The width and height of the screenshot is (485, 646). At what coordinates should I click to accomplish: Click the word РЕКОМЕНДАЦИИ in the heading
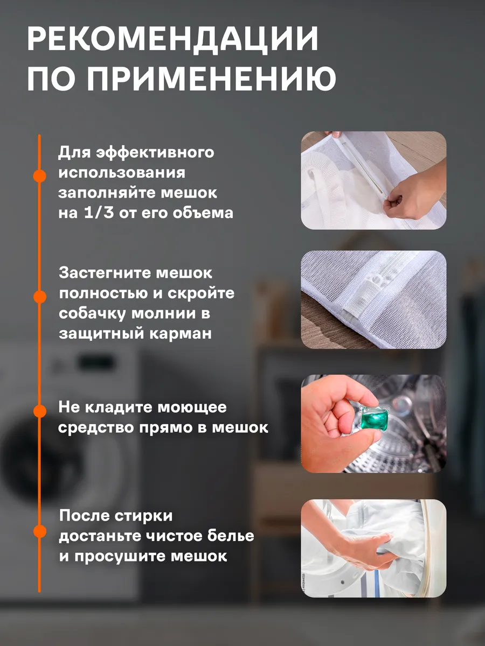[x=173, y=39]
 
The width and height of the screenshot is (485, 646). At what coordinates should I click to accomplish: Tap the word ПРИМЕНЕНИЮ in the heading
[x=212, y=79]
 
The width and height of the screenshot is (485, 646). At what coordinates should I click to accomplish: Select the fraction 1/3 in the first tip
[x=99, y=213]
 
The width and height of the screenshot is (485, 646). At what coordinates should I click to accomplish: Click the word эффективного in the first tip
[x=155, y=152]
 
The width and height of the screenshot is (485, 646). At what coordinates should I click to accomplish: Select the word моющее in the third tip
[x=192, y=408]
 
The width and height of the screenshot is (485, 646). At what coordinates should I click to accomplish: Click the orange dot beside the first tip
[x=39, y=175]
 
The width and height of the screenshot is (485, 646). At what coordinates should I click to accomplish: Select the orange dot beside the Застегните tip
[x=39, y=297]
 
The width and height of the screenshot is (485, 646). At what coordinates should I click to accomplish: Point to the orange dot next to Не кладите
[x=39, y=411]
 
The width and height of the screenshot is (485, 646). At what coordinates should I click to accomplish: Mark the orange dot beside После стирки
[x=39, y=531]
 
